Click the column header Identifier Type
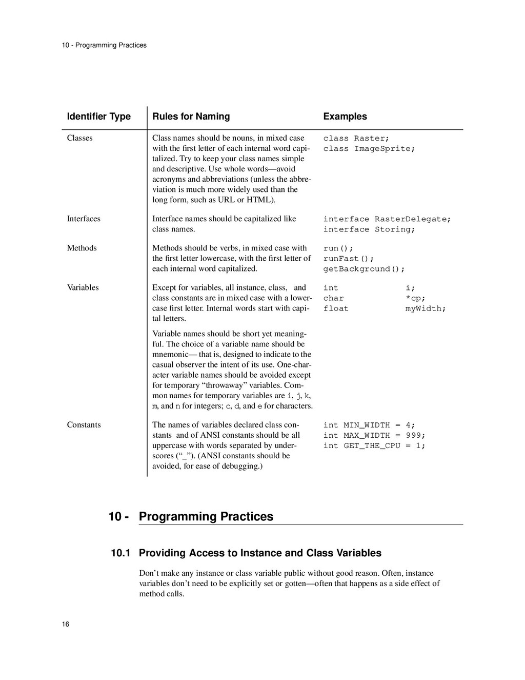click(x=98, y=116)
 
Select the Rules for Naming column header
click(x=191, y=116)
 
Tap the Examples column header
click(x=345, y=116)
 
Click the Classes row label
click(x=79, y=138)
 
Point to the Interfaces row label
click(x=84, y=219)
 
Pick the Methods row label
click(x=82, y=248)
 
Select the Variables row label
click(x=83, y=287)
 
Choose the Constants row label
click(x=84, y=424)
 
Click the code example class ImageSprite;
click(x=369, y=149)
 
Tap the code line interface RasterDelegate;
click(x=387, y=219)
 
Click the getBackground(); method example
click(x=364, y=269)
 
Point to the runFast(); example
click(x=349, y=259)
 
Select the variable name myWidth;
click(x=426, y=308)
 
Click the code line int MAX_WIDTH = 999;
click(x=374, y=435)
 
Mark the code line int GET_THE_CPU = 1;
click(x=374, y=445)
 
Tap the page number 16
click(x=66, y=624)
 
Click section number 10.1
click(x=120, y=553)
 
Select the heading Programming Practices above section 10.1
click(x=206, y=516)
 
